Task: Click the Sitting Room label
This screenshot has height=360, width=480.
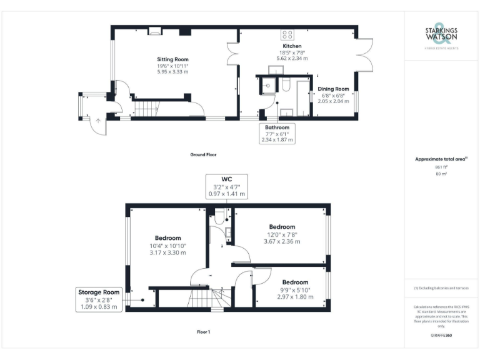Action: pyautogui.click(x=172, y=59)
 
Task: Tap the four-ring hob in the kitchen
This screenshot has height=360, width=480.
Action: pyautogui.click(x=288, y=34)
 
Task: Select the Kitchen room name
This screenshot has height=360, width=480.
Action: pyautogui.click(x=292, y=46)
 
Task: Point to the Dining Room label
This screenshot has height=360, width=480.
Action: pyautogui.click(x=334, y=89)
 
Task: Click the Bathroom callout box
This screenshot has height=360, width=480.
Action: pyautogui.click(x=277, y=134)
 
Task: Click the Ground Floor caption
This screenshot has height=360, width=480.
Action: pyautogui.click(x=204, y=154)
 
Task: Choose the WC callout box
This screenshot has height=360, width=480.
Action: pyautogui.click(x=227, y=187)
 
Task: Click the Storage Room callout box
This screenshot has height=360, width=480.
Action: pyautogui.click(x=98, y=299)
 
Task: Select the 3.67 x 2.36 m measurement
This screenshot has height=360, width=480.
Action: pyautogui.click(x=282, y=241)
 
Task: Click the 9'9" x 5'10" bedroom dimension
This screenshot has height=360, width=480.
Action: pyautogui.click(x=294, y=290)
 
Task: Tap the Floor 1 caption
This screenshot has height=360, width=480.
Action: pyautogui.click(x=203, y=332)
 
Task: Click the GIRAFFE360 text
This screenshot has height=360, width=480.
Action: pyautogui.click(x=441, y=336)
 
